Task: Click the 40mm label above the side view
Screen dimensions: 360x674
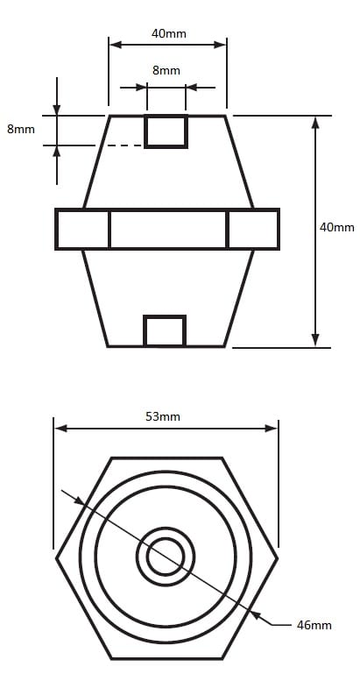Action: tap(169, 33)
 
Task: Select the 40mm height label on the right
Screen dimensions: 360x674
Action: tap(337, 227)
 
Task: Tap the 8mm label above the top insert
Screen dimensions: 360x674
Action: tap(166, 70)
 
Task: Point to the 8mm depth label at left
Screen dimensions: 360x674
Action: tap(21, 129)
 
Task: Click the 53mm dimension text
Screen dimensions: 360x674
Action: tap(163, 416)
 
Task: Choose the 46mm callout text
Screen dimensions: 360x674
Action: tap(314, 625)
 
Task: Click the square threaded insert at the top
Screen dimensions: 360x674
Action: tap(166, 131)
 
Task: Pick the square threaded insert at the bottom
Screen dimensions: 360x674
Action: tap(165, 330)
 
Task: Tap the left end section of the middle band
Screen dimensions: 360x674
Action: tap(82, 229)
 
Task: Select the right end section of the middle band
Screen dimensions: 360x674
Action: tap(253, 229)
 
